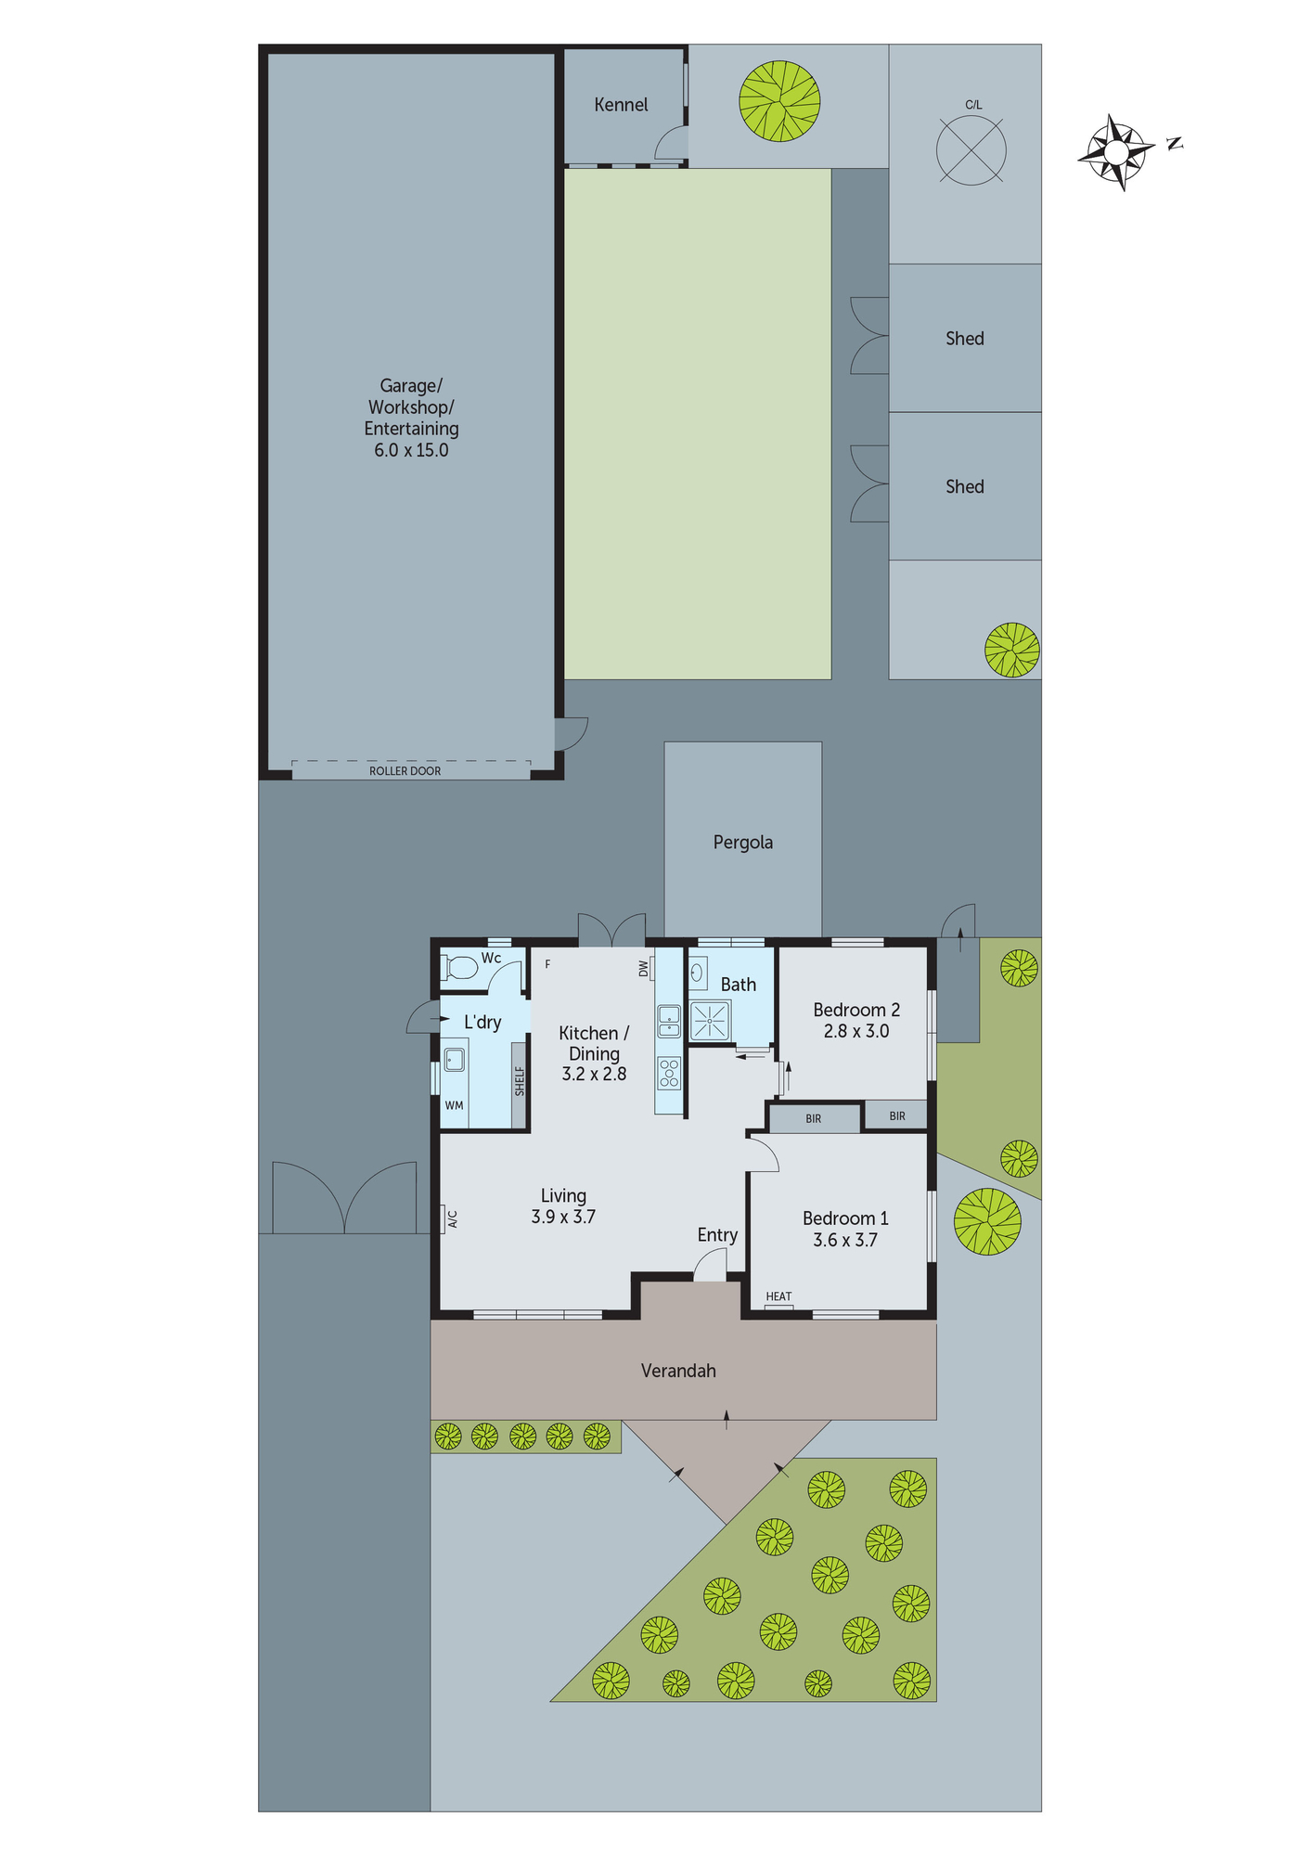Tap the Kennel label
tap(621, 105)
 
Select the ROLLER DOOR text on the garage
tap(405, 771)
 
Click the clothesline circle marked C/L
tap(971, 150)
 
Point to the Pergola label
tap(742, 843)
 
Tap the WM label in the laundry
tap(454, 1105)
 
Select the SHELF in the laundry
tap(520, 1082)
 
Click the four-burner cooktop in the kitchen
tap(669, 1073)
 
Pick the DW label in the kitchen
tap(643, 968)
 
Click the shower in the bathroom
tap(710, 1021)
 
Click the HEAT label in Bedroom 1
tap(778, 1297)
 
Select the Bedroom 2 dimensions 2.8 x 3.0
tap(855, 1031)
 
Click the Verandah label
tap(678, 1371)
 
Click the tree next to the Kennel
tap(779, 101)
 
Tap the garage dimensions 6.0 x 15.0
tap(411, 450)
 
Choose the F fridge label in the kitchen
tap(547, 964)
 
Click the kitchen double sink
tap(669, 1022)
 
